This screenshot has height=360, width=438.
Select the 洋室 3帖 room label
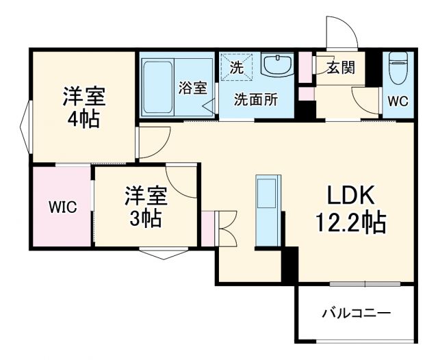(x=145, y=207)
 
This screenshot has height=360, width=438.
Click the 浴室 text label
(x=193, y=88)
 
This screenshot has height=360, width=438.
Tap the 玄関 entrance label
(x=340, y=68)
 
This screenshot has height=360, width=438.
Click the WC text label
(x=398, y=101)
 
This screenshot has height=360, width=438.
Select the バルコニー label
(x=356, y=313)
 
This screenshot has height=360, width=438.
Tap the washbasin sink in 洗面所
(x=278, y=66)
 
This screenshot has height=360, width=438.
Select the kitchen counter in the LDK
(x=268, y=209)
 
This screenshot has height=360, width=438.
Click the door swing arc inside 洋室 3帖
(x=179, y=179)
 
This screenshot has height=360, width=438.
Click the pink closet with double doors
(x=208, y=229)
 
